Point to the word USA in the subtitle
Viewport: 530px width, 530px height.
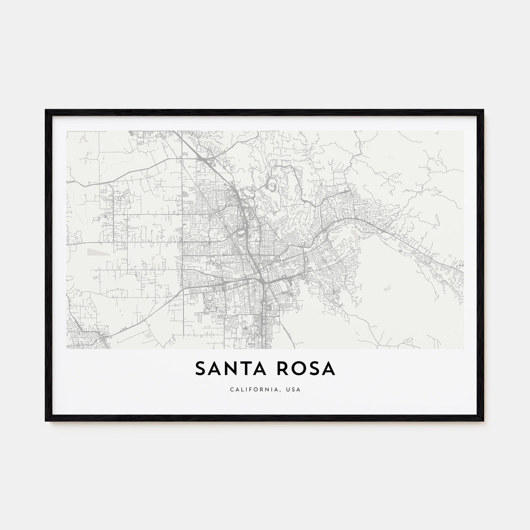click(293, 390)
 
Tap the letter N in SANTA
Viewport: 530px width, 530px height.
click(231, 369)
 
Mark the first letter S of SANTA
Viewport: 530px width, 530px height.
click(200, 369)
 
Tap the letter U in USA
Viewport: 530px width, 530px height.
click(288, 390)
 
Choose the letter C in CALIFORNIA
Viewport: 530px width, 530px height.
click(231, 390)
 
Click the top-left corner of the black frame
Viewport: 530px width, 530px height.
click(46, 110)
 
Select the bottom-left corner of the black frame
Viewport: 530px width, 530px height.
click(46, 421)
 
